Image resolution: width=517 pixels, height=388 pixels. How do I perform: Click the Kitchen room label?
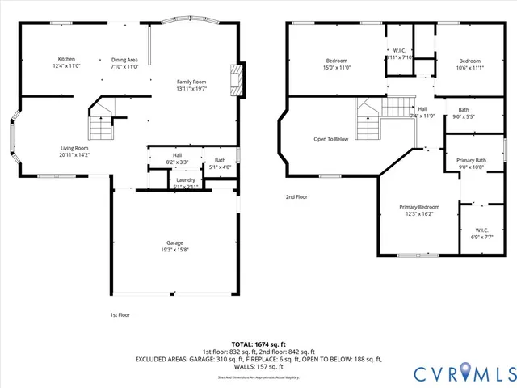tap(66, 60)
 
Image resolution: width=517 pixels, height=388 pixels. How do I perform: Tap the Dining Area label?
tap(124, 60)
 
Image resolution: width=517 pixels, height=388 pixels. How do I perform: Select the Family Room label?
tap(192, 82)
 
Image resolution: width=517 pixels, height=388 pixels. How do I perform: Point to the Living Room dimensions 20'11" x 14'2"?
tap(73, 154)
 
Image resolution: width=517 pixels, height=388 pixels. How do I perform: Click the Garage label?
tap(174, 242)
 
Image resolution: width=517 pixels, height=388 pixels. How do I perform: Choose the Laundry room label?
tap(186, 179)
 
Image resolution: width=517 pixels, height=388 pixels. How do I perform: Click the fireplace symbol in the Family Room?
tap(235, 78)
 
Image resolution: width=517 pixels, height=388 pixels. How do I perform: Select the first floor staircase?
tap(100, 123)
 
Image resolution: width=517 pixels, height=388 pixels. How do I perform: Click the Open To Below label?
tap(331, 139)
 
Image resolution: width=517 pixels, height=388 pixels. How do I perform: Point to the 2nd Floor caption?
tap(297, 196)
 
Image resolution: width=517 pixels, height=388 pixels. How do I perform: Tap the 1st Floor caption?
tap(120, 314)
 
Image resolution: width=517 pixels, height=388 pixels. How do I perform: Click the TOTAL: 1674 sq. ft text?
tap(258, 344)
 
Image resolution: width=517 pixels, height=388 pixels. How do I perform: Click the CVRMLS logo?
tap(463, 373)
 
